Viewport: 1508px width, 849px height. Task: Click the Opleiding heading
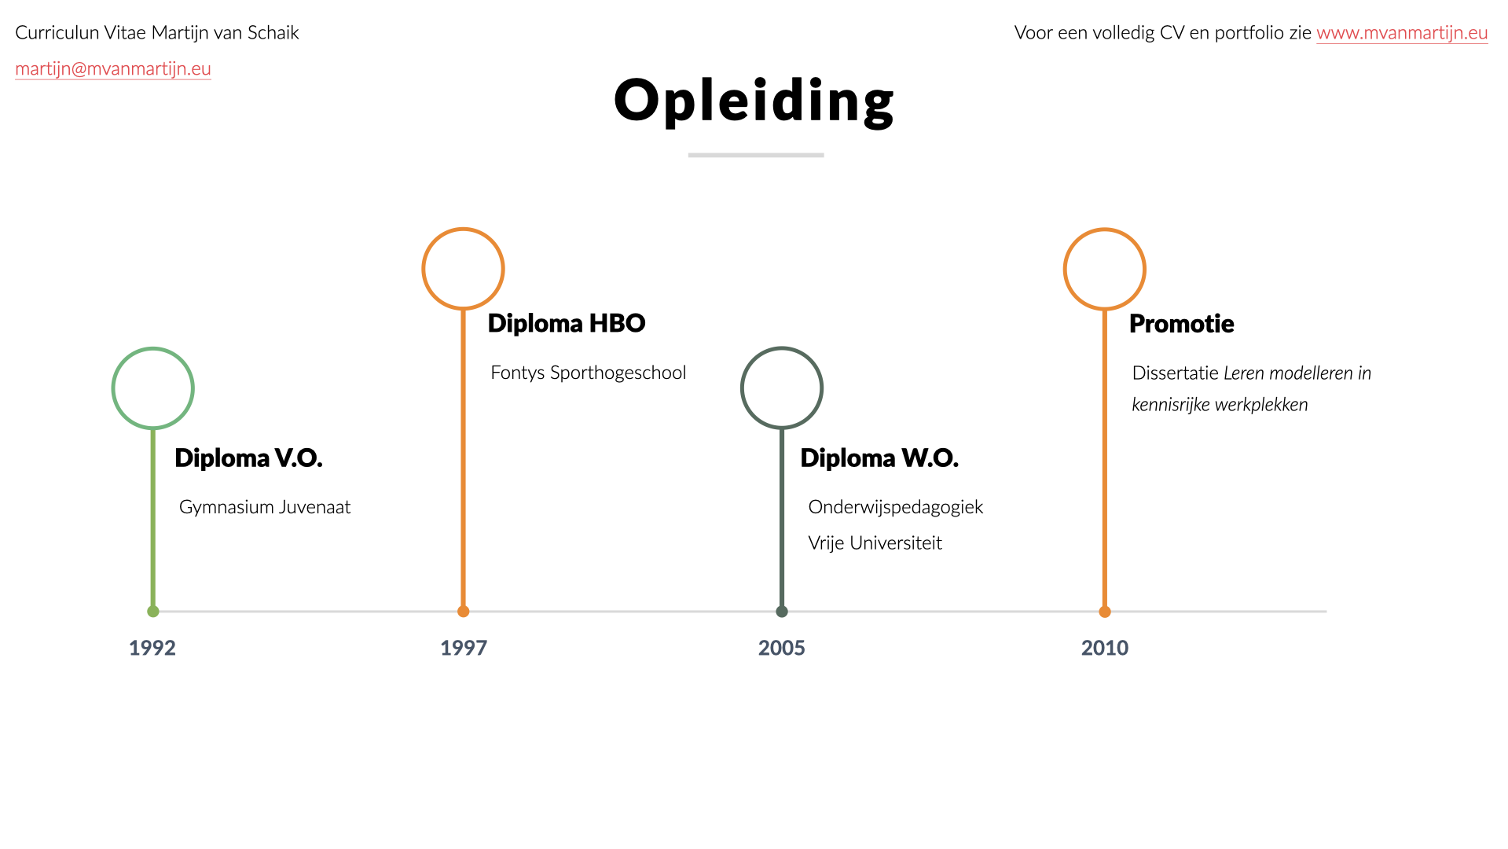[754, 101]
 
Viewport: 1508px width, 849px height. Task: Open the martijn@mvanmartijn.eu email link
[113, 69]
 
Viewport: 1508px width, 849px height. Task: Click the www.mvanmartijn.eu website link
[1402, 33]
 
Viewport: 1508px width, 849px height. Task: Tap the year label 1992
[152, 648]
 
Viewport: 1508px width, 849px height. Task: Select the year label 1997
[464, 648]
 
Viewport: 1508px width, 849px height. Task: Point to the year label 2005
[782, 648]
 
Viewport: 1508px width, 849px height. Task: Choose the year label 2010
[1105, 648]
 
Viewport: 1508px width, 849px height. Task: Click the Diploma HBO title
[567, 323]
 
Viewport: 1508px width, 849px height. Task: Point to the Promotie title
[1182, 324]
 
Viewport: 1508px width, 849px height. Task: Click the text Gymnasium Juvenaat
[265, 507]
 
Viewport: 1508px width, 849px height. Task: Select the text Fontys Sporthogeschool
[589, 373]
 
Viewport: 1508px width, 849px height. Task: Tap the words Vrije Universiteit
[875, 543]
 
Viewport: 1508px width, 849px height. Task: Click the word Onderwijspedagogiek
[896, 507]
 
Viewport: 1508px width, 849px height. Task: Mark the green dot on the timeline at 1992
[153, 612]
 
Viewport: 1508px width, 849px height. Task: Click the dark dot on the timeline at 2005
[782, 612]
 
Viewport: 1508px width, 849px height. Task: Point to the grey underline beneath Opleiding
[756, 155]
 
